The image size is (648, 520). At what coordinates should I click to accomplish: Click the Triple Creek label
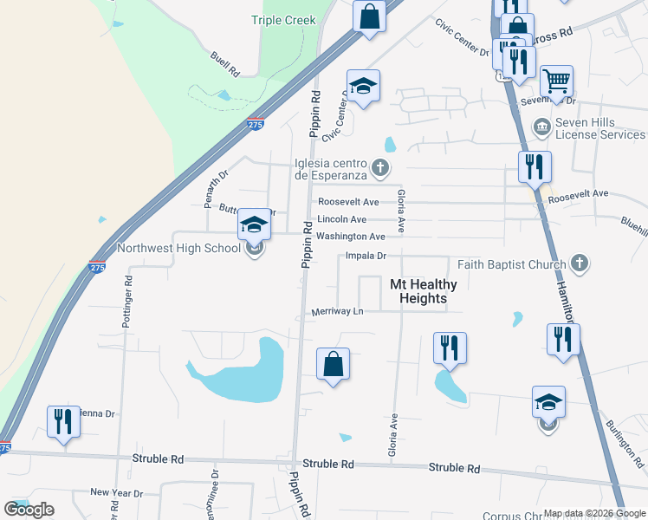click(283, 20)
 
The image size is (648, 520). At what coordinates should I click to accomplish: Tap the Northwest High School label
click(178, 248)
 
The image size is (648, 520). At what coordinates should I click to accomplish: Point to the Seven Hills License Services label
click(599, 128)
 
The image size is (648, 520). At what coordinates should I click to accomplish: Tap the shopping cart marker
click(557, 82)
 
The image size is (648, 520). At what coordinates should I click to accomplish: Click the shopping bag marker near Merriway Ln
click(334, 364)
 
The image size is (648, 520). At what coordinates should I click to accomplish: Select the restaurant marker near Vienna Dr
click(63, 422)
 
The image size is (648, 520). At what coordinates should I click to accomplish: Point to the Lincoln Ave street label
click(341, 220)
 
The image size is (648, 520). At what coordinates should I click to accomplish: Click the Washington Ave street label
click(350, 237)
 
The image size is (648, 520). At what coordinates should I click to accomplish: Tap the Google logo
click(29, 510)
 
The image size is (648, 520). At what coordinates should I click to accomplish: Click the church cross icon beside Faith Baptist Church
click(580, 263)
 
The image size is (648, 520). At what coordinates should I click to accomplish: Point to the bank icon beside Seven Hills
click(542, 127)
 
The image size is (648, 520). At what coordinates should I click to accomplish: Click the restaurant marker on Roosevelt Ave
click(535, 166)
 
